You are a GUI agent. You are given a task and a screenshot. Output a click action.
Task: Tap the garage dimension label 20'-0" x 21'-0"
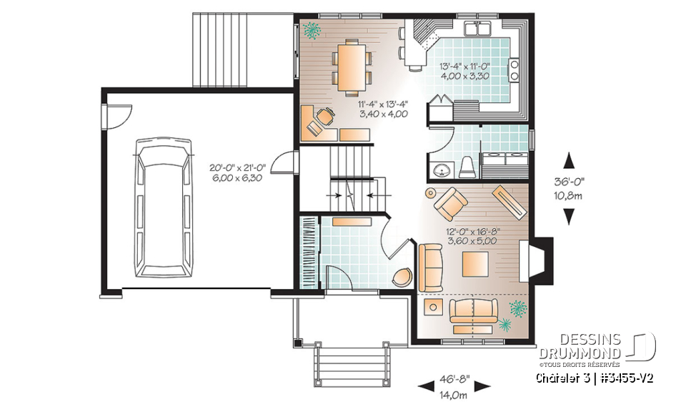coord(237,167)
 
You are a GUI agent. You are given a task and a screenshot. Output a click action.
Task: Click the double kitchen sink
coord(478,29)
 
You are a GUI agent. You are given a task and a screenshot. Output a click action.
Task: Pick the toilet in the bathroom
coord(467,166)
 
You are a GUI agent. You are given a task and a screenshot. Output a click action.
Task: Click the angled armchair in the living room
coord(449,204)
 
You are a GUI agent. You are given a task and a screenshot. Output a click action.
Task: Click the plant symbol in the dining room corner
coord(312,31)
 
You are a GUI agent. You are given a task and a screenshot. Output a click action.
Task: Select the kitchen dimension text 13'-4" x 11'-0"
coord(464,67)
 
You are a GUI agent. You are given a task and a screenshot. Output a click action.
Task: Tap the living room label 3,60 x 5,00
coord(472,241)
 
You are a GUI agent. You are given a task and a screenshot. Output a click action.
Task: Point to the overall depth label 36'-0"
coord(569,182)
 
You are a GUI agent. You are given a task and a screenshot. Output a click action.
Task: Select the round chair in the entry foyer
coord(402,277)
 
